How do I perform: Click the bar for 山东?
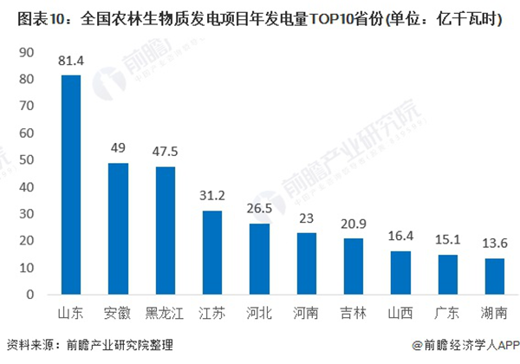(x=70, y=185)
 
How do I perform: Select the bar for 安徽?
(x=118, y=229)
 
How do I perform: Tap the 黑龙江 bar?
(x=165, y=231)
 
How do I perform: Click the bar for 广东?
(x=448, y=275)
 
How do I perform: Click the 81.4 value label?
(x=70, y=61)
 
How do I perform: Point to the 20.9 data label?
(x=354, y=223)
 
